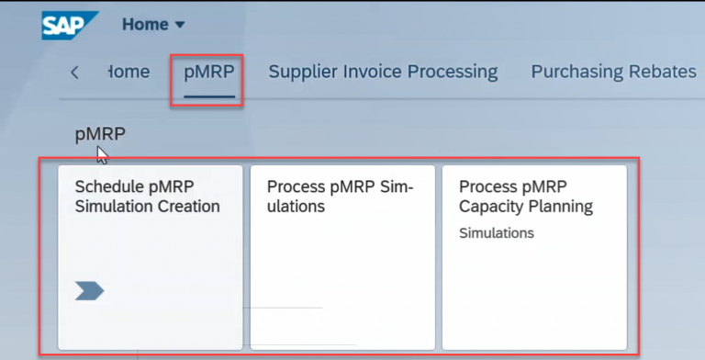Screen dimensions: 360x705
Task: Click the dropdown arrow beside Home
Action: pyautogui.click(x=179, y=25)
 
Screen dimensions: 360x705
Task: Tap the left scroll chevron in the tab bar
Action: pyautogui.click(x=74, y=73)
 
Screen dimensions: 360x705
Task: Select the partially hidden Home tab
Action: pyautogui.click(x=129, y=72)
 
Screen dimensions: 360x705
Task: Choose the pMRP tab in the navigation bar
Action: pyautogui.click(x=209, y=72)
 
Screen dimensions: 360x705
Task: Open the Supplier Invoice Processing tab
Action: pyautogui.click(x=383, y=72)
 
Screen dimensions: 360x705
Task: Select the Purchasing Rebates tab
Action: pyautogui.click(x=613, y=72)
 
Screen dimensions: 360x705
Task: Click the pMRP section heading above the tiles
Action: pyautogui.click(x=100, y=135)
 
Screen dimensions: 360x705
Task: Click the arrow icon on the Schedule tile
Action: pyautogui.click(x=90, y=291)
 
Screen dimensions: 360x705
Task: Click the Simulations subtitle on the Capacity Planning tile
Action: pyautogui.click(x=497, y=233)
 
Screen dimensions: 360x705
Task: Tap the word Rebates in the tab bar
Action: pyautogui.click(x=661, y=72)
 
